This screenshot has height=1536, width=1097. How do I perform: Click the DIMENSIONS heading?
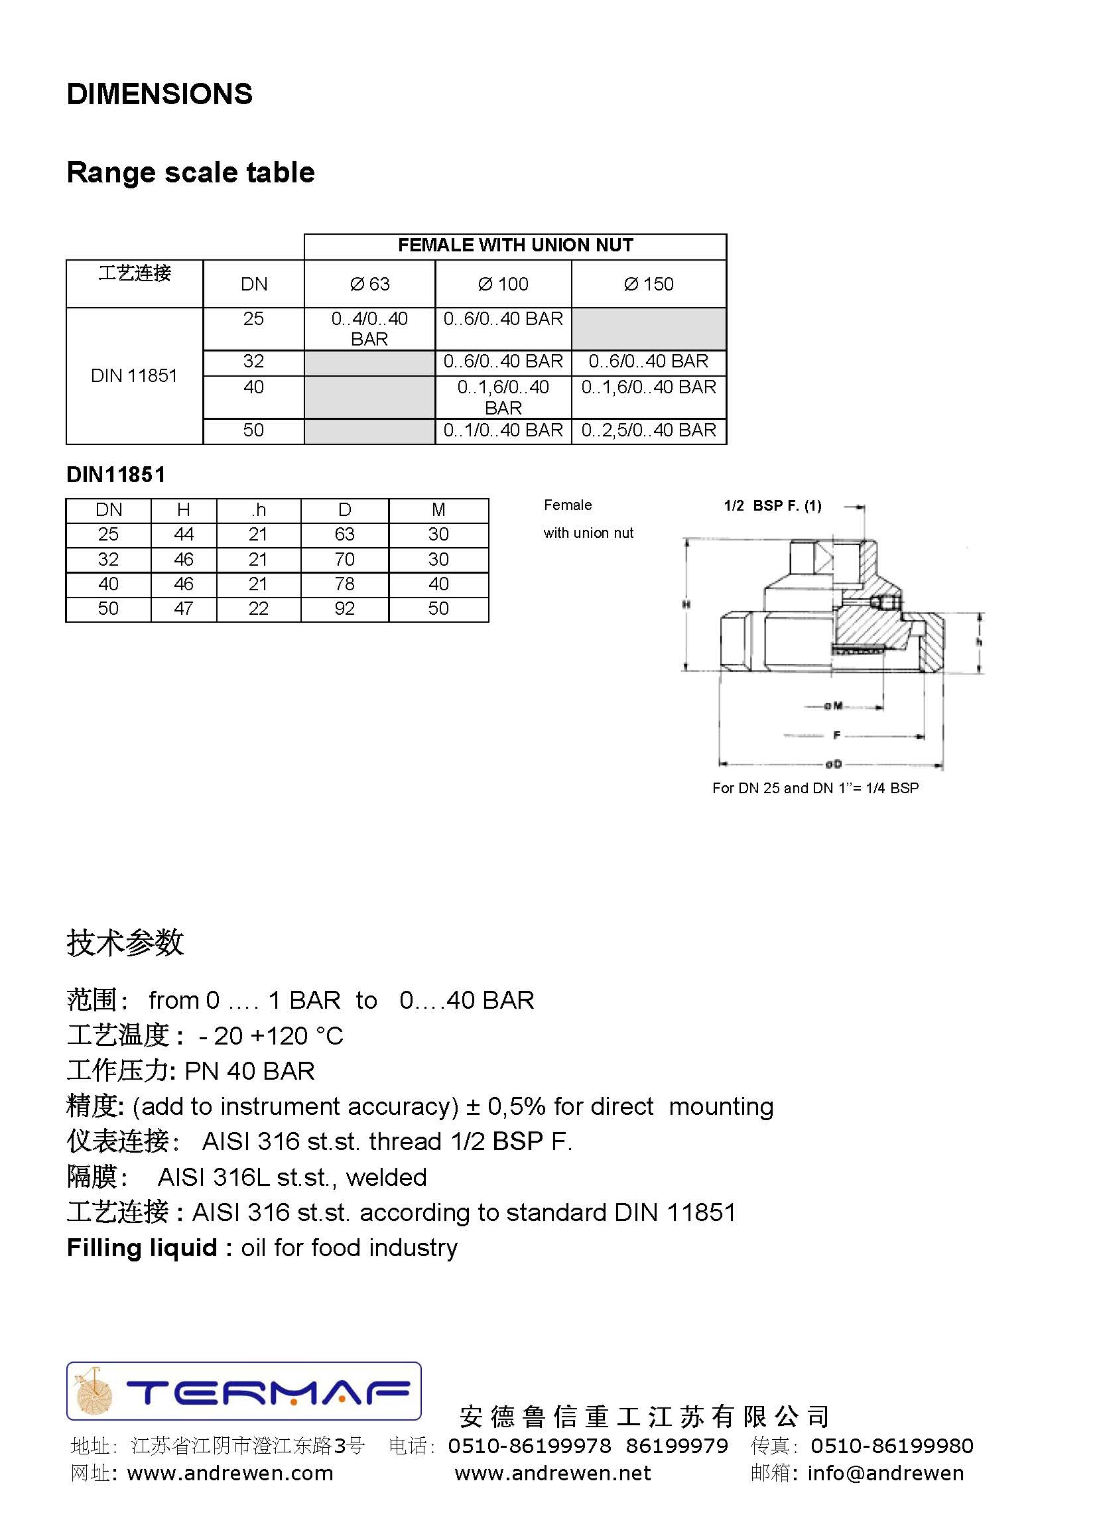[159, 94]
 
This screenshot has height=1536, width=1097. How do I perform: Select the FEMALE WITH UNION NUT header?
[515, 245]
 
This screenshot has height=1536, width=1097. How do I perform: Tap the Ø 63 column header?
[369, 285]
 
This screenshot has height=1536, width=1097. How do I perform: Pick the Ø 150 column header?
[649, 285]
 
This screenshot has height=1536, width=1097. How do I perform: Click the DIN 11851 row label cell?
[135, 375]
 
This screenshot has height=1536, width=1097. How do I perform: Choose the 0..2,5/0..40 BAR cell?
[649, 430]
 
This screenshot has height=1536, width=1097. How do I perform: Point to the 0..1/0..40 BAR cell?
[503, 430]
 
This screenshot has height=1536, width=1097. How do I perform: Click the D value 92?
[344, 609]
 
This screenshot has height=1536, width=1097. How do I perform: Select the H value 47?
[184, 609]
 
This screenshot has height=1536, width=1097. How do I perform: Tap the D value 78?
[344, 584]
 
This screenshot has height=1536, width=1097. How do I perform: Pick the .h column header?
[258, 510]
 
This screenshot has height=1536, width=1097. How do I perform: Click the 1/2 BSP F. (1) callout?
[773, 506]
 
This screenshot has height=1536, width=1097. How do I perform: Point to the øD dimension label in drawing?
[834, 764]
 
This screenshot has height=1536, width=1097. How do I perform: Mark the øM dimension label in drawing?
[834, 706]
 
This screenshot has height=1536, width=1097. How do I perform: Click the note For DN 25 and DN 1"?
[815, 789]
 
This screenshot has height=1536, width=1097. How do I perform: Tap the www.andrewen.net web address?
[552, 1473]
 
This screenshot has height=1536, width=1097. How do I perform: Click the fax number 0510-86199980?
[891, 1446]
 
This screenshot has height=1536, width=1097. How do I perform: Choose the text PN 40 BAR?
[250, 1070]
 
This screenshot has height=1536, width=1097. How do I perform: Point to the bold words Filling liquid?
[142, 1248]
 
